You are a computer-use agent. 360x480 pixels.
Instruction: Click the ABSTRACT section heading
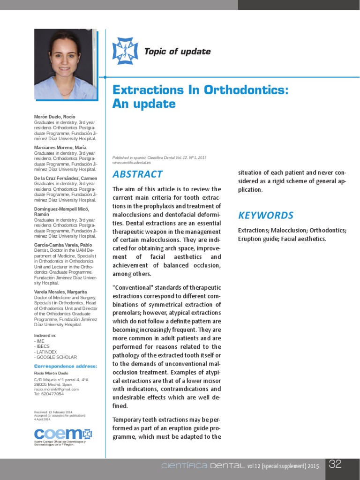pos(137,174)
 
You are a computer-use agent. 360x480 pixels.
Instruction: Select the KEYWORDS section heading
pos(266,216)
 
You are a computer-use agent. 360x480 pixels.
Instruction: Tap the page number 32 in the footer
pos(335,465)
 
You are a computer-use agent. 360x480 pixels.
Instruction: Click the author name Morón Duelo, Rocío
pos(54,116)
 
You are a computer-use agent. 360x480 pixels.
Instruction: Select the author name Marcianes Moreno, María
pos(60,147)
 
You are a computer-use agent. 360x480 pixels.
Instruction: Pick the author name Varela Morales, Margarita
pos(60,292)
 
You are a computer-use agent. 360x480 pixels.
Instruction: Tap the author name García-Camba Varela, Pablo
pos(63,245)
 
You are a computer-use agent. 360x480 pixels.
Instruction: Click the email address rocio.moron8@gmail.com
pos(56,389)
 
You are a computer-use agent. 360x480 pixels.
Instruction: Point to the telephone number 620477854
pos(52,394)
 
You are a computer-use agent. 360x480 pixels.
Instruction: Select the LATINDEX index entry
pos(47,352)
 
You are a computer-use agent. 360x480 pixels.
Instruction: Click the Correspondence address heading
pos(66,366)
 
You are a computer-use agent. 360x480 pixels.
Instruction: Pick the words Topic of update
pos(177,52)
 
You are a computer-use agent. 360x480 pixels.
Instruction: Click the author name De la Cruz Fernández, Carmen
pos(66,178)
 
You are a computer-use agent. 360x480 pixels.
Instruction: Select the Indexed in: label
pos(45,336)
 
